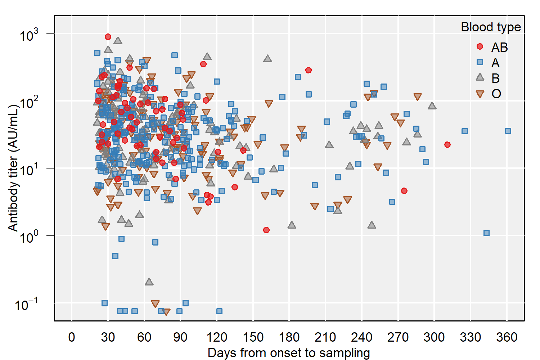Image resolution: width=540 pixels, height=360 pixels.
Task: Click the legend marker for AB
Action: tap(480, 46)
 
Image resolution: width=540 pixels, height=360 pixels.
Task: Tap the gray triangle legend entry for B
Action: tap(480, 77)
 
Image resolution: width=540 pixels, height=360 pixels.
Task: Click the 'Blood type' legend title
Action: tap(491, 27)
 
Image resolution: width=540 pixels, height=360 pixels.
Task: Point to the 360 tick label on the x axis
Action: tap(507, 337)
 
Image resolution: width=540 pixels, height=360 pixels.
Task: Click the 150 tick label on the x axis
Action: tap(253, 337)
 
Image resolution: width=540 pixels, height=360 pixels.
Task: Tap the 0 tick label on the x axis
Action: tap(72, 337)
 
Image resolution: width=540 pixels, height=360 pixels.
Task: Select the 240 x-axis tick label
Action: tap(362, 337)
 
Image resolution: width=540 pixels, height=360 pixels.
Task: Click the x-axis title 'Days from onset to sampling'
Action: tap(289, 353)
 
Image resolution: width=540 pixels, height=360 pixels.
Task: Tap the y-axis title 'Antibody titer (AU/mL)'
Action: tap(13, 168)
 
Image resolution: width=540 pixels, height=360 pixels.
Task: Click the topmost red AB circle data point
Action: tap(108, 37)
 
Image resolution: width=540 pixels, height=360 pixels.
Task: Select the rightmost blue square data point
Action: tap(508, 131)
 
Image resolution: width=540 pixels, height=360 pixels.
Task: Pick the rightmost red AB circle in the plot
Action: tap(447, 145)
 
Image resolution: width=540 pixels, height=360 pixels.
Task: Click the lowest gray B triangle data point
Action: tap(149, 282)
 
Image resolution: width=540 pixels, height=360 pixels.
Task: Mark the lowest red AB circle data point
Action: tap(266, 230)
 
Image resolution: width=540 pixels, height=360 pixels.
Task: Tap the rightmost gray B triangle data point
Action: tap(432, 106)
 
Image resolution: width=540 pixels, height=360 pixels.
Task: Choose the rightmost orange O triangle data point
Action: tap(418, 97)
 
